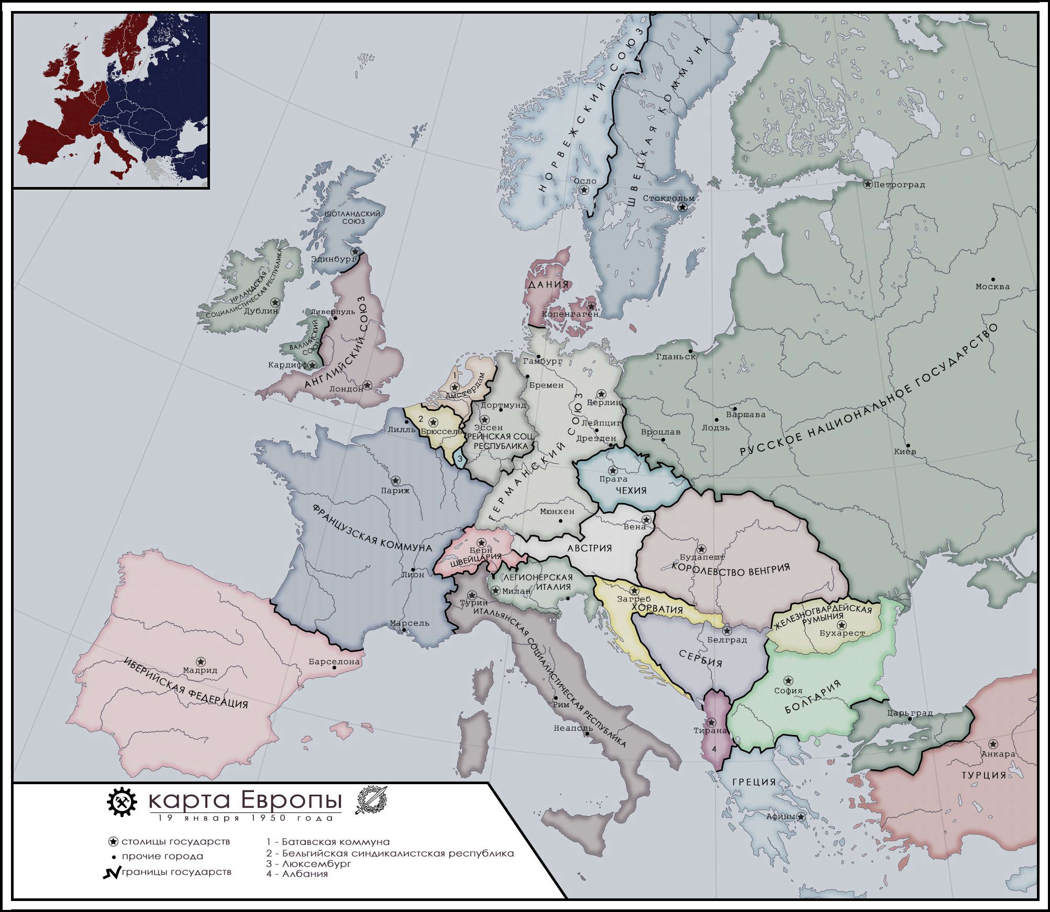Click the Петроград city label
coord(899,185)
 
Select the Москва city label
coord(992,287)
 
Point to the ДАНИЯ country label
coord(548,285)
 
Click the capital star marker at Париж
coord(396,480)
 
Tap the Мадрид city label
coord(200,670)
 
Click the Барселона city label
coord(334,662)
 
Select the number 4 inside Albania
coord(713,749)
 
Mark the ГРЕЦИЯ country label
coord(754,782)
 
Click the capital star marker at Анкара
coord(992,744)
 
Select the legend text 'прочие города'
coord(162,856)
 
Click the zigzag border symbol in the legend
coord(111,873)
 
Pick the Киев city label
coord(905,452)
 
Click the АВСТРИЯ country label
coord(589,548)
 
